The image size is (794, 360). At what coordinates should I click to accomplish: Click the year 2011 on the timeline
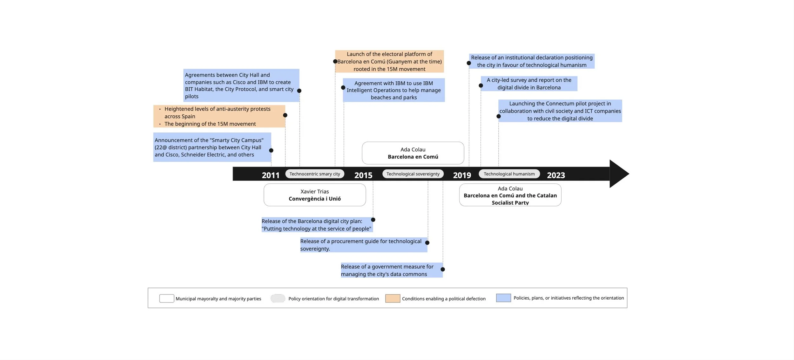pos(270,175)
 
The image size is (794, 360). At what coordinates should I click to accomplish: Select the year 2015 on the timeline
pos(363,175)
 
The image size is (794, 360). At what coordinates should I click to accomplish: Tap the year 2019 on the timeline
pos(462,175)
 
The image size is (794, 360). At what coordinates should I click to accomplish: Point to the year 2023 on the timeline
pos(555,175)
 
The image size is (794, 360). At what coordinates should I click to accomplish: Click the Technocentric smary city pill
pos(314,174)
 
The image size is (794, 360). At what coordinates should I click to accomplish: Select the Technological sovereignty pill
pos(413,174)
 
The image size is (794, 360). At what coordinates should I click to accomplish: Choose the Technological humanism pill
pos(509,174)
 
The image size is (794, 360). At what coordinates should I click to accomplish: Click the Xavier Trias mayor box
pos(314,195)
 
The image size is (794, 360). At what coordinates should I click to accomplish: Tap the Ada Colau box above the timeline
pos(413,153)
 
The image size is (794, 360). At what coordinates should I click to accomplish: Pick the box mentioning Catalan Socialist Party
pos(510,195)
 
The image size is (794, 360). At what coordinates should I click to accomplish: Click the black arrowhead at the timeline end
pos(618,174)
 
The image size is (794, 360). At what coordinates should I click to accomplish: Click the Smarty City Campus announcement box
pos(212,147)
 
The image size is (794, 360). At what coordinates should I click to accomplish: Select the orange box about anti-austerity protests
pos(219,116)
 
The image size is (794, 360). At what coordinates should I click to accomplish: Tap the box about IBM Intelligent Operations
pos(394,90)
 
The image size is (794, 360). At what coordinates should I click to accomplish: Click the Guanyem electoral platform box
pos(389,61)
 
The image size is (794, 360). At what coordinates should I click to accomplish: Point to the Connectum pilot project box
pos(560,111)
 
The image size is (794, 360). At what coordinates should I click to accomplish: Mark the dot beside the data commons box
pos(442,269)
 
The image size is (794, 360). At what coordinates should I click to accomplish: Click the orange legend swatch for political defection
pos(392,298)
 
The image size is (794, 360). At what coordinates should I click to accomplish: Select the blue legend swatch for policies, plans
pos(503,298)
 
